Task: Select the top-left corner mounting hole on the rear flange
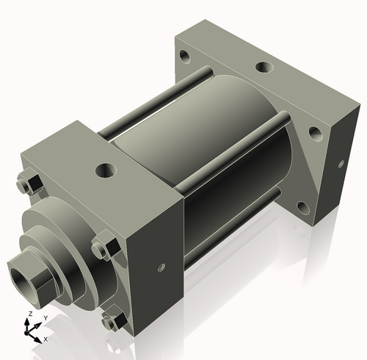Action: point(182,54)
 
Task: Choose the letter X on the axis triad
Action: point(46,339)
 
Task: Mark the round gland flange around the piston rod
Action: point(70,242)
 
